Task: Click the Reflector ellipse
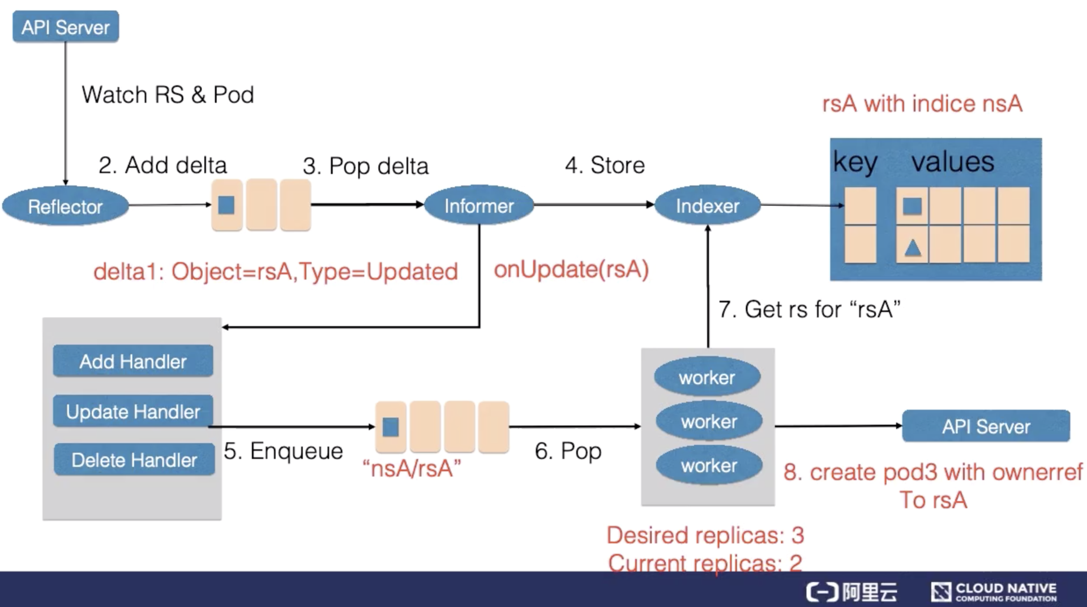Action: tap(65, 206)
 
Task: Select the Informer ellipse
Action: tap(479, 206)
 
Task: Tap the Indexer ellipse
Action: tap(707, 206)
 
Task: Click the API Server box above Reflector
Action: tap(66, 27)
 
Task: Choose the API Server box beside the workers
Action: tap(986, 426)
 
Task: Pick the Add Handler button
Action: tap(133, 361)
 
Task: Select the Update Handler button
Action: tap(133, 412)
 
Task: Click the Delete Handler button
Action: tap(134, 460)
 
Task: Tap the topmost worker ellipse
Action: tap(707, 378)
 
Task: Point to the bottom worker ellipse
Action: tap(709, 466)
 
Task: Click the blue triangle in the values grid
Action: tap(912, 247)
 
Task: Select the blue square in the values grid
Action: tap(912, 206)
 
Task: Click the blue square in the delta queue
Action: tap(226, 205)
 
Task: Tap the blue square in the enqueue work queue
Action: tap(391, 426)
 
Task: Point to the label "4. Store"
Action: tap(605, 165)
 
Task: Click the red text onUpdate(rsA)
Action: tap(571, 270)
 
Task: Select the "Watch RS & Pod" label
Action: tap(168, 95)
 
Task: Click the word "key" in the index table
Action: tap(855, 163)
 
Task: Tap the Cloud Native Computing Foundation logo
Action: tap(994, 592)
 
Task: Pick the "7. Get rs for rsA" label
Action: tap(809, 309)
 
